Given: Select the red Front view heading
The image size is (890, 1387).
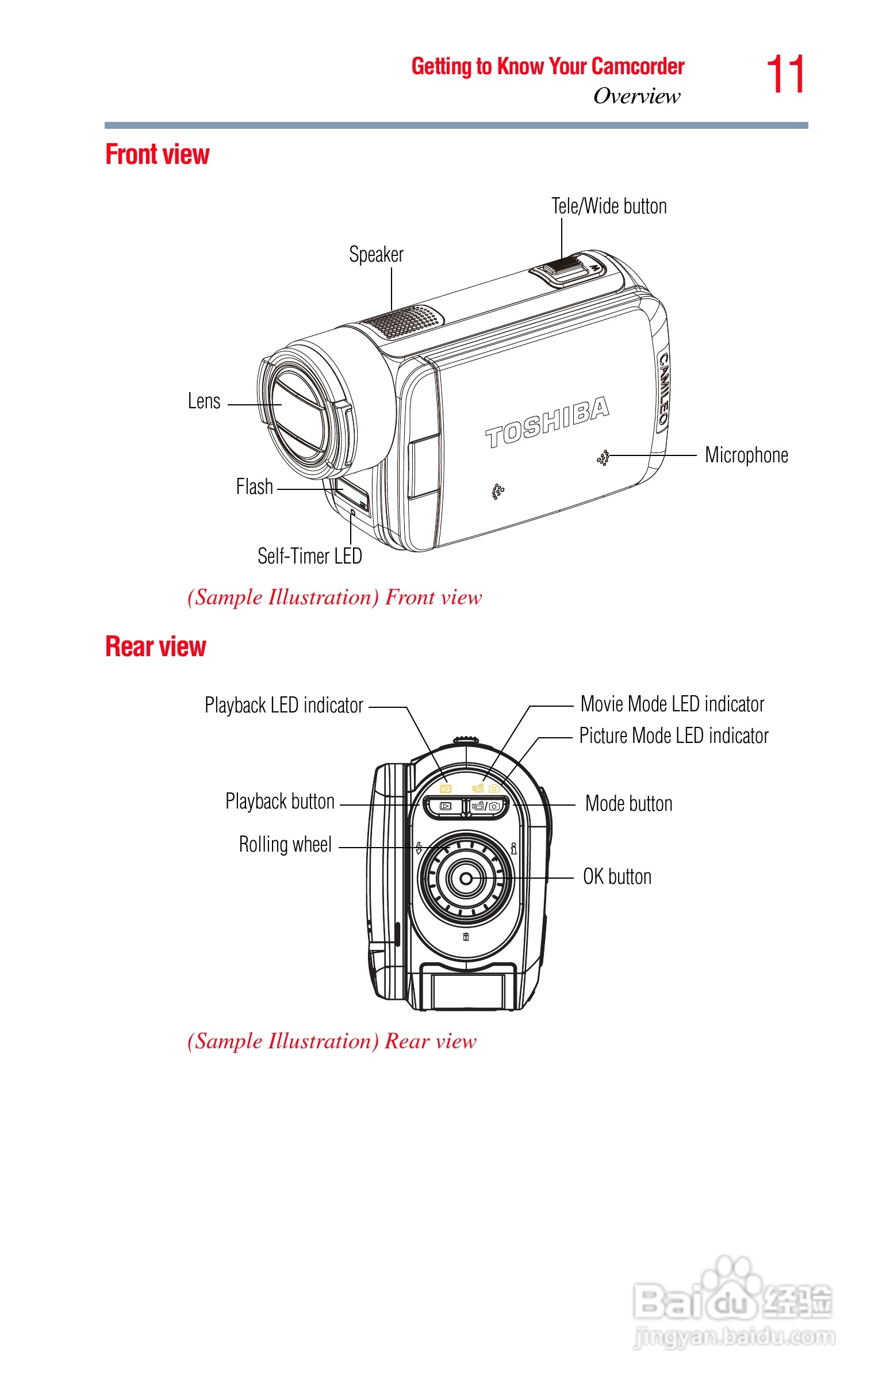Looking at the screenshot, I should point(157,155).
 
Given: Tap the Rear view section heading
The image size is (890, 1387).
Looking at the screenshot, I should point(155,647).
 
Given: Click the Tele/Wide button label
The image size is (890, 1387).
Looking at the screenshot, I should point(608,206).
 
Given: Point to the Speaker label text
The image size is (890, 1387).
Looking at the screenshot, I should point(376,255).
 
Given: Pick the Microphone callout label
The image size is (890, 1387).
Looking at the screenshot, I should point(746,455).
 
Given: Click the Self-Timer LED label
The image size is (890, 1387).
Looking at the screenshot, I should point(310,556).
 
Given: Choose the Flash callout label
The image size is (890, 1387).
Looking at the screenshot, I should point(254,486).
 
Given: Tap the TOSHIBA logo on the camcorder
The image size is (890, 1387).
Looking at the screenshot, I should point(547,423).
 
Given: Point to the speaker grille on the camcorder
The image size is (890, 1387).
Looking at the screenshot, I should point(405,320).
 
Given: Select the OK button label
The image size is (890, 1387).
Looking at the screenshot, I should point(617,877).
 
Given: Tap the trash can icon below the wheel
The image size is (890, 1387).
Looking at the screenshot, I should point(466,937).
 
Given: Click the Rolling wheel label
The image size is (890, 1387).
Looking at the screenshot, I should point(286,845).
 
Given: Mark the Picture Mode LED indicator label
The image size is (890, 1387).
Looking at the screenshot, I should point(674,736).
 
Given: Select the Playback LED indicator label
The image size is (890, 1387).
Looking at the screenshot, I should point(284,706).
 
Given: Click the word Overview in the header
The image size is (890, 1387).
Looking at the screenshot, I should point(637,97).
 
